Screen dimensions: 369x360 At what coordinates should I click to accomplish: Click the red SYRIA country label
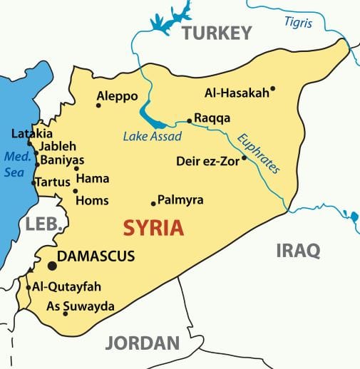[153, 228]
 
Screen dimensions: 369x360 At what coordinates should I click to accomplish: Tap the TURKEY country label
[216, 33]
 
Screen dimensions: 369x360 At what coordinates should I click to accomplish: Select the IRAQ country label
[297, 250]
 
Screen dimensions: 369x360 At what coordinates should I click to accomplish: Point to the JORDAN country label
[142, 343]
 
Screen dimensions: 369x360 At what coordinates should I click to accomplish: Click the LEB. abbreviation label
[44, 224]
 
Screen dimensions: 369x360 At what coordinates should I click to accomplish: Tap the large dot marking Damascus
[52, 266]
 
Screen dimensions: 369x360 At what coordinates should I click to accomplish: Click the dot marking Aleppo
[98, 105]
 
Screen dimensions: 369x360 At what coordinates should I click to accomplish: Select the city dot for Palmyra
[153, 203]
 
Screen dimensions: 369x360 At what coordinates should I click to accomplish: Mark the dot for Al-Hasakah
[272, 89]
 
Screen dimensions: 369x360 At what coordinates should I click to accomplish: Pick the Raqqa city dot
[189, 120]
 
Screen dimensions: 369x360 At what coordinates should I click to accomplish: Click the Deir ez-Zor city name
[208, 161]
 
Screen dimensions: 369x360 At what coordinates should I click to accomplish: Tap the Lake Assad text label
[152, 136]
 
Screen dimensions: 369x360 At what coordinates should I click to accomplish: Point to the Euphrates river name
[259, 154]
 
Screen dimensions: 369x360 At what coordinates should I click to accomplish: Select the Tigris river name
[298, 23]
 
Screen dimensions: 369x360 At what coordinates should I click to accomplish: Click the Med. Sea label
[14, 163]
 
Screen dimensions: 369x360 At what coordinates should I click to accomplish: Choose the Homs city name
[92, 201]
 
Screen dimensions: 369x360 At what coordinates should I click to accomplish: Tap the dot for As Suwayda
[66, 313]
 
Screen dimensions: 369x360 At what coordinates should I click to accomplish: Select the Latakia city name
[32, 133]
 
